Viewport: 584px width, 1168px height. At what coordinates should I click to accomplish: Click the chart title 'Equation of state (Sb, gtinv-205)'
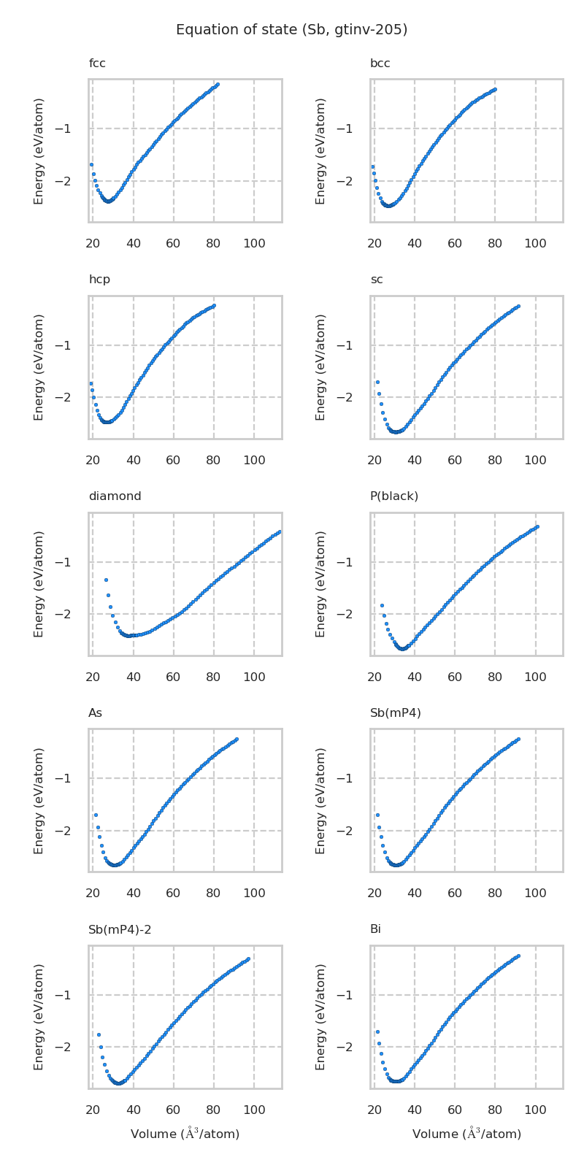[291, 30]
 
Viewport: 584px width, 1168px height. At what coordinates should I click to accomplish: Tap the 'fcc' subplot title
[97, 64]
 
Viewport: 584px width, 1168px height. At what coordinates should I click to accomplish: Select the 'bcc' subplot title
[380, 64]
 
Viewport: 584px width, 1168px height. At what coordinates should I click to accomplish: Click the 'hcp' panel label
[99, 280]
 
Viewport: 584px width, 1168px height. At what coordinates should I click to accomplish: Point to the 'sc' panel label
[376, 280]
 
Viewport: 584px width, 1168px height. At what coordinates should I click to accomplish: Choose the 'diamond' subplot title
[115, 496]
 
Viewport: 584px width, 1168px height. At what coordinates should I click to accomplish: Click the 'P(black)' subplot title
[393, 496]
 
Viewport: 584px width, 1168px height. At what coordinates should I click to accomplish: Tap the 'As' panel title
[95, 713]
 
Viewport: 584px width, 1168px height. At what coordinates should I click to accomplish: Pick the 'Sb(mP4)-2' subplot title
[120, 930]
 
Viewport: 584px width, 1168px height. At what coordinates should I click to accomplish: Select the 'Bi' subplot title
[375, 930]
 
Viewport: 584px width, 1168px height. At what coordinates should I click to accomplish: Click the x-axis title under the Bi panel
[466, 1134]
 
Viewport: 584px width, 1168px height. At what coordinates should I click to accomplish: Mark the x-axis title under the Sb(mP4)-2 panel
[185, 1134]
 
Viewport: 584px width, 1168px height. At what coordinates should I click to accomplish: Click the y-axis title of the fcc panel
[39, 150]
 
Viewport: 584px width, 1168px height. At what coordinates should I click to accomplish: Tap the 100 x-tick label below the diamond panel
[254, 677]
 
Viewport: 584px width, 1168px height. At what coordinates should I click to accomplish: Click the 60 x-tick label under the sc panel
[455, 460]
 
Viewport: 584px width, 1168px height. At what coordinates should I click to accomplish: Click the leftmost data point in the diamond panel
[106, 580]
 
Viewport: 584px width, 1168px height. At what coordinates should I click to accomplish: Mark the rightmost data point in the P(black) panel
[537, 526]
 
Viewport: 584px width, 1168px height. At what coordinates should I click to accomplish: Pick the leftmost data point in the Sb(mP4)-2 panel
[99, 1034]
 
